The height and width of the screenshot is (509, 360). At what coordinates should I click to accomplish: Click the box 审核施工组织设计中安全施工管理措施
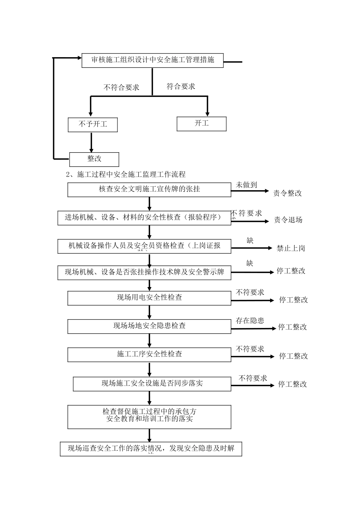(x=152, y=60)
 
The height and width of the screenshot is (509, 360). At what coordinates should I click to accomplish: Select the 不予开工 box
(x=93, y=125)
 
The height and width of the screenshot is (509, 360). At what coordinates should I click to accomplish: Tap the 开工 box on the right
(x=202, y=124)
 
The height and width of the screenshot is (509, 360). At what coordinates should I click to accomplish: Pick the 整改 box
(x=94, y=159)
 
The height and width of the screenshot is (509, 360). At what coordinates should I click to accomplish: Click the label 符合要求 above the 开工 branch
(x=181, y=86)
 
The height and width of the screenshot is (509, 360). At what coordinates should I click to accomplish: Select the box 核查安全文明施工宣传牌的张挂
(x=149, y=190)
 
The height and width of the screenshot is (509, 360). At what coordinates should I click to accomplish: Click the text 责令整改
(x=288, y=193)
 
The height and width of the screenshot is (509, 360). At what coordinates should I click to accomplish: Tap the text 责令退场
(x=288, y=220)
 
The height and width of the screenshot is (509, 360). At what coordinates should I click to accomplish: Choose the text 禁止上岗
(x=291, y=248)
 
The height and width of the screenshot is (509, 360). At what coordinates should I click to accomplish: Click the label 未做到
(x=246, y=185)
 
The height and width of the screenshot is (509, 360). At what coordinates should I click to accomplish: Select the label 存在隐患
(x=250, y=321)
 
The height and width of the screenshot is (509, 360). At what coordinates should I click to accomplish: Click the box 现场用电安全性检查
(x=149, y=298)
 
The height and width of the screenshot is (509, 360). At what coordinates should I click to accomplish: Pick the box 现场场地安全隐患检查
(x=149, y=326)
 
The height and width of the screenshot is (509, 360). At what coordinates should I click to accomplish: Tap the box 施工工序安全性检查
(x=149, y=354)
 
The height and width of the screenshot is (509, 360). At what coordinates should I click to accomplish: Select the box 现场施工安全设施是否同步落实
(x=152, y=384)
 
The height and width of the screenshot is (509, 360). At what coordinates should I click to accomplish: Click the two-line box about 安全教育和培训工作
(x=149, y=417)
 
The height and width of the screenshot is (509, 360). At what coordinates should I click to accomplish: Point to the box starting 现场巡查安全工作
(x=151, y=449)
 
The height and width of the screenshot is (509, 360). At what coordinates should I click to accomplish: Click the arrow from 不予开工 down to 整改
(x=91, y=142)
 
